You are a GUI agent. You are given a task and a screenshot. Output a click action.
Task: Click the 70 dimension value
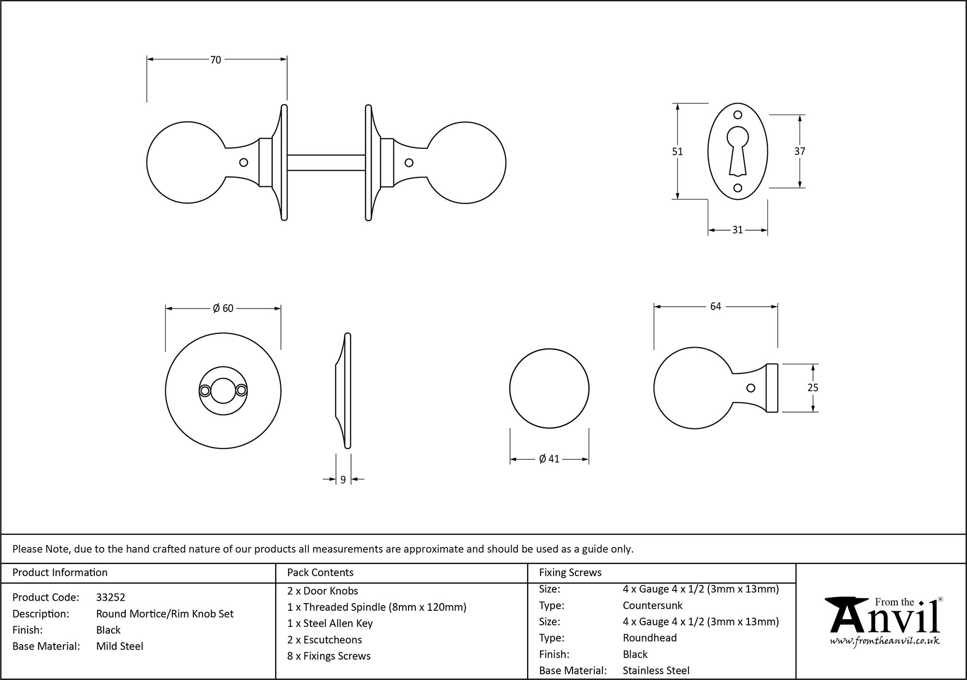point(216,60)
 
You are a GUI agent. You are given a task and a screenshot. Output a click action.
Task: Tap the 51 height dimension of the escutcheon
point(677,151)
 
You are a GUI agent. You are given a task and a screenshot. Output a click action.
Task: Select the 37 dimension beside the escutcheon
point(800,151)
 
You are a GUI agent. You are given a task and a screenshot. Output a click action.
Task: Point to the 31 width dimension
point(737,230)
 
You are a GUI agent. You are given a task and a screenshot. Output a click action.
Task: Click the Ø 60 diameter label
point(223,309)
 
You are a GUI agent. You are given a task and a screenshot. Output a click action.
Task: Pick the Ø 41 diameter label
point(549,459)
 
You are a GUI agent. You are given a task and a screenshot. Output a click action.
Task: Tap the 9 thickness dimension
point(343,480)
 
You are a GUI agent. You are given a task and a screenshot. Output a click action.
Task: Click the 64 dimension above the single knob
point(716,307)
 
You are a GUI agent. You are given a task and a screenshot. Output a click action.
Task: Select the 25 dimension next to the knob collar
point(813,387)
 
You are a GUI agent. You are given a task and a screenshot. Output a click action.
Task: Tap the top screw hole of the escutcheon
point(738,115)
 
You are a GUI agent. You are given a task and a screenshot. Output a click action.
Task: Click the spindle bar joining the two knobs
point(326,163)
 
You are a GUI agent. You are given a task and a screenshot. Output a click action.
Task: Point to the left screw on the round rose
point(205,390)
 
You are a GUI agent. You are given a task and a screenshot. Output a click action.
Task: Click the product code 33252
point(111,597)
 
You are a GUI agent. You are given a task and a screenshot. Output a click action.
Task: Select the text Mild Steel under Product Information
point(119,646)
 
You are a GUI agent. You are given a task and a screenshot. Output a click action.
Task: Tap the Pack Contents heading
point(320,573)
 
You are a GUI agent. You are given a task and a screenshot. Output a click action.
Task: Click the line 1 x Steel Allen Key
point(330,623)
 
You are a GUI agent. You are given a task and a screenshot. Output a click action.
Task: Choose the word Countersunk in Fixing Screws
point(652,606)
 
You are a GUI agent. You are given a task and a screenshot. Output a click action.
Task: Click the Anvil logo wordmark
point(884,619)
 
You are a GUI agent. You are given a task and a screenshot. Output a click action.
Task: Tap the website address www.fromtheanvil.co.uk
point(885,641)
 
